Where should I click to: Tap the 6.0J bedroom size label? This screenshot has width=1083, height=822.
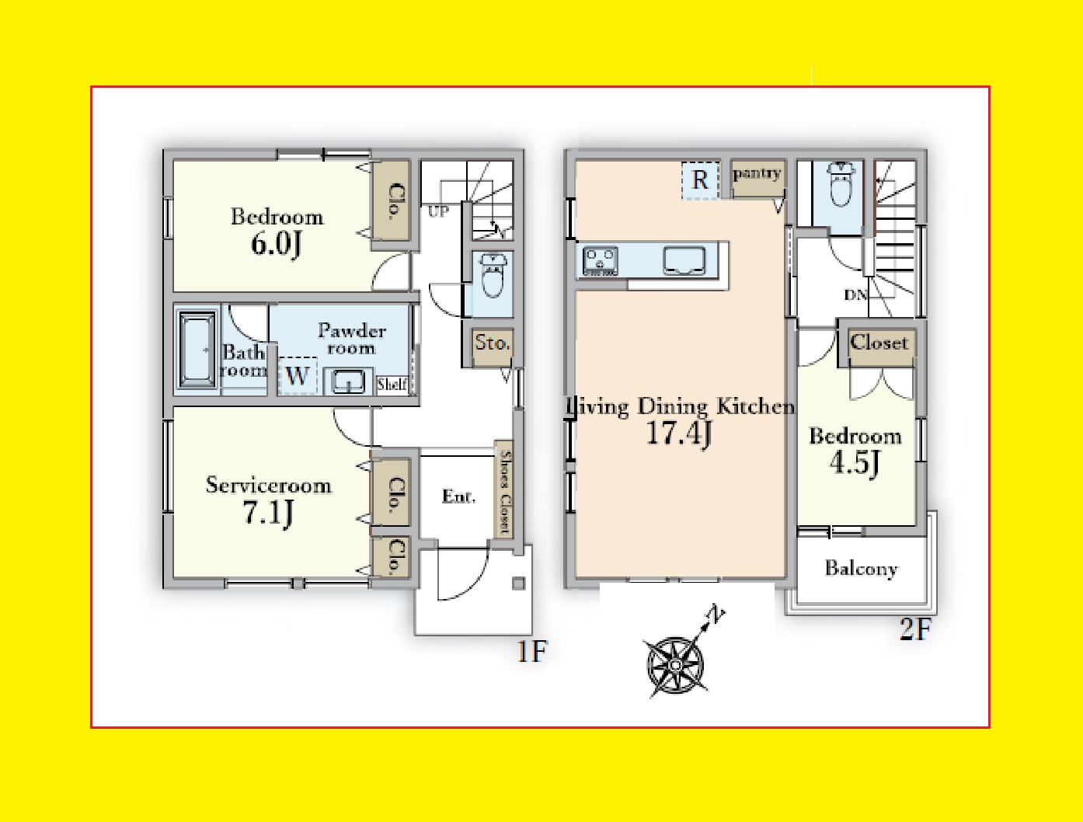[277, 243]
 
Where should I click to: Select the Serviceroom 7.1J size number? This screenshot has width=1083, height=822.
[268, 513]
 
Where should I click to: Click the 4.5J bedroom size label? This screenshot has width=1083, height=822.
[855, 463]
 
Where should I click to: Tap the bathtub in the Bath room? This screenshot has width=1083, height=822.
[197, 350]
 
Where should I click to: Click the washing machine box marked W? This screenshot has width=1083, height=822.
[297, 375]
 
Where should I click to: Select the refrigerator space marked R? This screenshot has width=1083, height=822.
[700, 180]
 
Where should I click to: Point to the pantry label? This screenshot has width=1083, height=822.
[757, 174]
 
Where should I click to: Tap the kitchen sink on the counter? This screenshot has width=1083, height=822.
[684, 259]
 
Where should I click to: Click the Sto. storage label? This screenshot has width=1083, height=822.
[492, 343]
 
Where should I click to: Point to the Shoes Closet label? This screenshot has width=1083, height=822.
[504, 492]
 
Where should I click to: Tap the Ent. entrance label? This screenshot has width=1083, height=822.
[458, 496]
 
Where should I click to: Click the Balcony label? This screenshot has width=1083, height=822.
[862, 569]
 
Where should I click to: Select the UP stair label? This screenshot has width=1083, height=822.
[439, 211]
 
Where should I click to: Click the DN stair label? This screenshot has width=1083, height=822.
[855, 295]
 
